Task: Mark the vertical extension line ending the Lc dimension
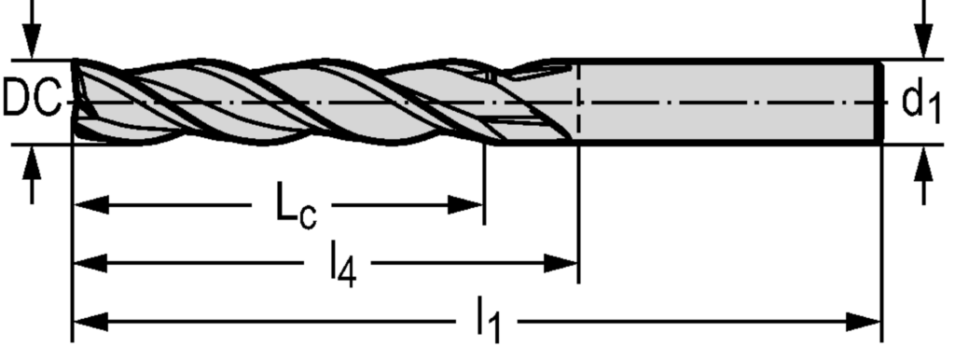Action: click(x=484, y=187)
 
